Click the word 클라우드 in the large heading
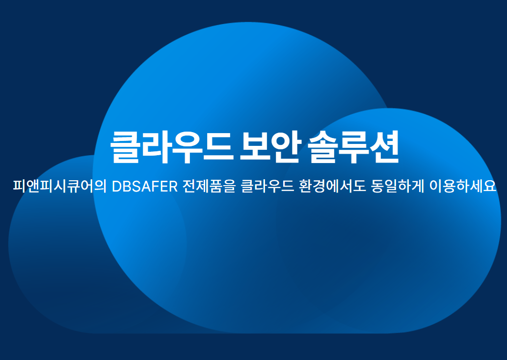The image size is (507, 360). pyautogui.click(x=171, y=147)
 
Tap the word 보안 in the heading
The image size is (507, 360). pyautogui.click(x=270, y=147)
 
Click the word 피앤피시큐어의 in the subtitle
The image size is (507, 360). pyautogui.click(x=59, y=186)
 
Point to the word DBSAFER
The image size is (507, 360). pyautogui.click(x=144, y=186)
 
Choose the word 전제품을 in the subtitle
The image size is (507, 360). pyautogui.click(x=209, y=186)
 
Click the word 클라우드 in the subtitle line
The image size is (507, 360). pyautogui.click(x=267, y=186)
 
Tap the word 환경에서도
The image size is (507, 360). pyautogui.click(x=332, y=186)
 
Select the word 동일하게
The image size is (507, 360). pyautogui.click(x=397, y=186)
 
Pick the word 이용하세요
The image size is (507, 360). pyautogui.click(x=463, y=186)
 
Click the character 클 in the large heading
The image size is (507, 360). pyautogui.click(x=126, y=147)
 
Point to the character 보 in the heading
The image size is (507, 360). pyautogui.click(x=255, y=147)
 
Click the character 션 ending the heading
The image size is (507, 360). pyautogui.click(x=384, y=147)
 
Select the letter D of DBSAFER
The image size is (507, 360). pyautogui.click(x=117, y=186)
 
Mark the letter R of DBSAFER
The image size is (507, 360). pyautogui.click(x=173, y=186)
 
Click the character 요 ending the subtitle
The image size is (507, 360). pyautogui.click(x=490, y=186)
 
